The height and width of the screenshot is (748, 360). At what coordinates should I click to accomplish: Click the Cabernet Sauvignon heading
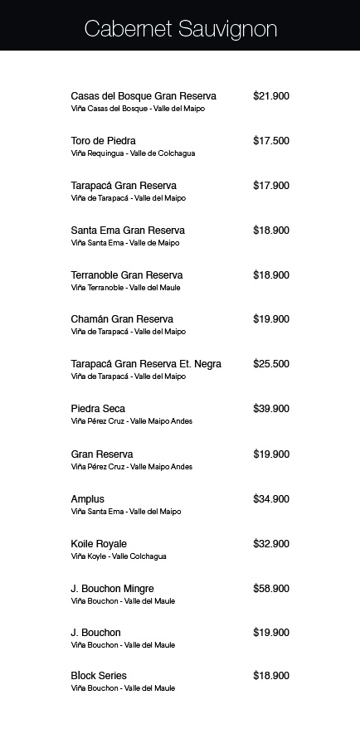180,30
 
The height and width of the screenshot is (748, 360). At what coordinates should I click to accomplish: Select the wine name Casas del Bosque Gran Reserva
144,96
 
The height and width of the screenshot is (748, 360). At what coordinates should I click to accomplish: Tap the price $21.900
270,96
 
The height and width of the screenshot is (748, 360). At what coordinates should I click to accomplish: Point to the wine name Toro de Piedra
103,141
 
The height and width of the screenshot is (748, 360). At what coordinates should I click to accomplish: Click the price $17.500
270,141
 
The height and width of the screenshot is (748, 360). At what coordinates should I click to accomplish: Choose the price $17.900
270,186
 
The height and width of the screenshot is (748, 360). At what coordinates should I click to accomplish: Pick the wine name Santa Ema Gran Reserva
128,231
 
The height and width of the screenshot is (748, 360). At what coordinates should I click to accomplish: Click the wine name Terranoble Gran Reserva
127,275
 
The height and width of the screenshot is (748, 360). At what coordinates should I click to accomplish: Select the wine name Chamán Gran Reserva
122,319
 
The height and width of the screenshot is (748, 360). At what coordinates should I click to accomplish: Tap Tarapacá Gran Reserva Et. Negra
146,364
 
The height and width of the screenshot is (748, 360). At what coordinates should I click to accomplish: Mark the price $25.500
270,364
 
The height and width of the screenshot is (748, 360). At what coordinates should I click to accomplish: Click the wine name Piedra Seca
98,409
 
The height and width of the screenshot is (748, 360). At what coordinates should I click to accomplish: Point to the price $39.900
270,409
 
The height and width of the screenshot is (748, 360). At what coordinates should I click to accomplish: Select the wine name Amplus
88,499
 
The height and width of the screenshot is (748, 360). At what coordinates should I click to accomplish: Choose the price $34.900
270,499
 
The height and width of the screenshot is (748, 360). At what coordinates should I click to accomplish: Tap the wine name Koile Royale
99,544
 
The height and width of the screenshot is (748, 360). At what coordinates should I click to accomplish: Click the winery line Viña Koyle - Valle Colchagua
119,556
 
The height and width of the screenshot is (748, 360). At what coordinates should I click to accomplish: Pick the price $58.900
270,589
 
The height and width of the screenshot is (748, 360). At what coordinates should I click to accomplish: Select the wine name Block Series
99,676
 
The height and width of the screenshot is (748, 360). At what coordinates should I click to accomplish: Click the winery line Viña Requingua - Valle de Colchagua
133,153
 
